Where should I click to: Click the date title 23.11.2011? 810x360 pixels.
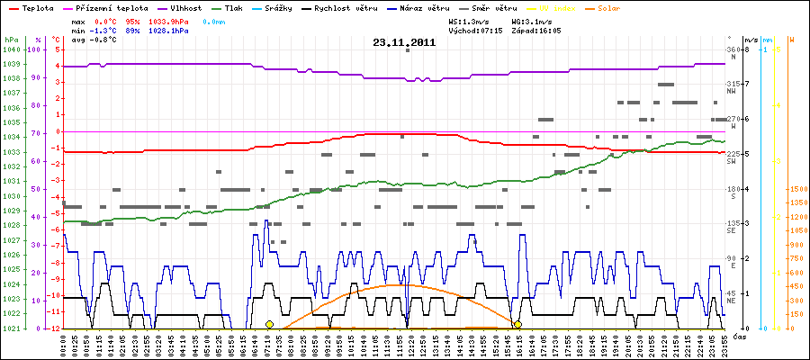click(404, 42)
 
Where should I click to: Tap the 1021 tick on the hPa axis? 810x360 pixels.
click(10, 328)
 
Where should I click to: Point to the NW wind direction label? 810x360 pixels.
click(733, 91)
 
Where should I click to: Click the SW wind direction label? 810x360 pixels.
click(733, 161)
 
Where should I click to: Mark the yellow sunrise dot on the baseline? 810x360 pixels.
click(269, 324)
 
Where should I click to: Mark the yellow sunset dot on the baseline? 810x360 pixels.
click(517, 324)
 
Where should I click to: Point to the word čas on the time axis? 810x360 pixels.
click(737, 336)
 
